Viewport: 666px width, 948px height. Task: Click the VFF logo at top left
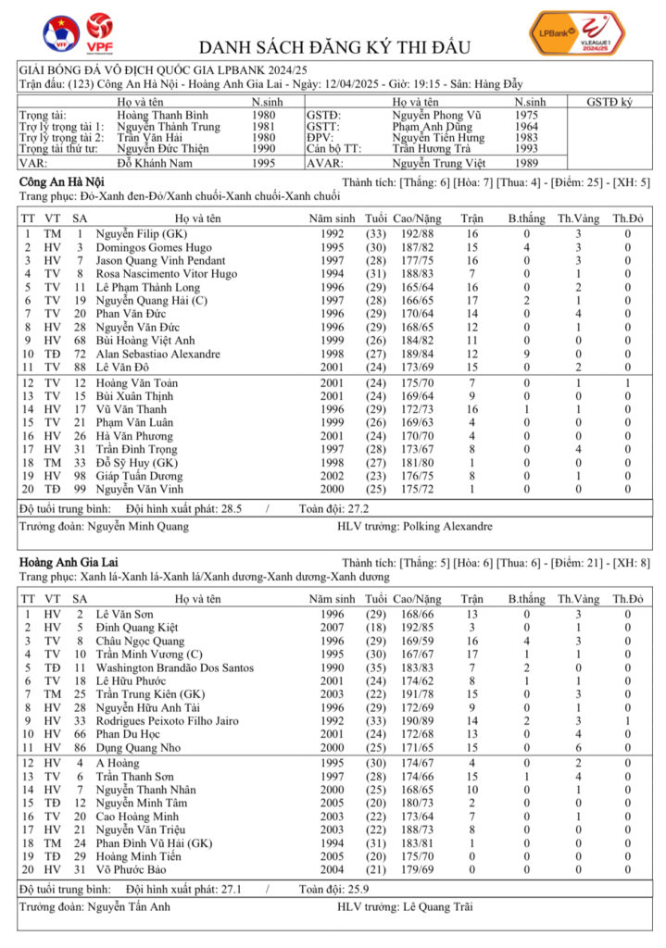61,33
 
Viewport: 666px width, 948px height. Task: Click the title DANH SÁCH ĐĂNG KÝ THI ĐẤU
334,47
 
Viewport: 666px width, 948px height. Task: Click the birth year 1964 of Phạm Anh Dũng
526,126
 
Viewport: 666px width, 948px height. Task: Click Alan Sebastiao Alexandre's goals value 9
526,355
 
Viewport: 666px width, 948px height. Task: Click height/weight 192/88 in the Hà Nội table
416,235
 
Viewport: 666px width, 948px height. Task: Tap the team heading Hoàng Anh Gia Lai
64,563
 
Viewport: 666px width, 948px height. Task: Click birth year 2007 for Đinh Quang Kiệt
332,628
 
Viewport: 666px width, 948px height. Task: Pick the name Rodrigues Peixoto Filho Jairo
168,720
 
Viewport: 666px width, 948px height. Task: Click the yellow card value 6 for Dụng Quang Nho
576,747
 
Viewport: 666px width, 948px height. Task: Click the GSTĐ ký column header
609,102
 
